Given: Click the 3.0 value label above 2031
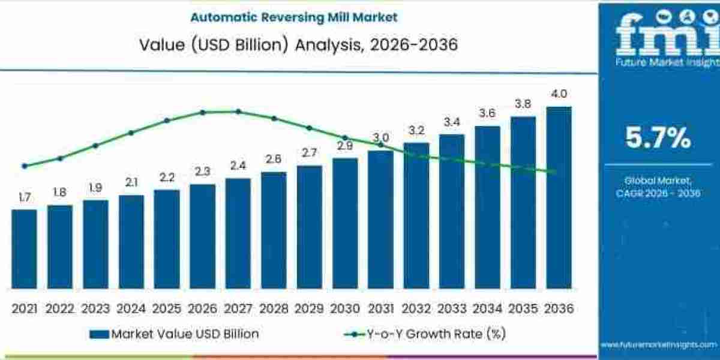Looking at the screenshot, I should coord(380,137).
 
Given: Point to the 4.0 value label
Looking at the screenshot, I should coord(559,94).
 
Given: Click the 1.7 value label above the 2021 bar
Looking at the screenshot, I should coord(24,197).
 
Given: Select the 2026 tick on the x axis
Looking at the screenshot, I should coord(202,308).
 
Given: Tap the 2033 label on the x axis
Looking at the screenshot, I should coord(452,308).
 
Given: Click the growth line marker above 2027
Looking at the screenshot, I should coord(238,112).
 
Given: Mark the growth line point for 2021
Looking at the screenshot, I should coord(24,166).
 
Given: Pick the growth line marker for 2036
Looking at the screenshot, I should coord(552,172).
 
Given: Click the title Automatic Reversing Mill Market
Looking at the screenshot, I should coord(293,17).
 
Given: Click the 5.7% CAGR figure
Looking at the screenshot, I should coord(658,139).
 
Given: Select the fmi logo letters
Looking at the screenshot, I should coord(658,36).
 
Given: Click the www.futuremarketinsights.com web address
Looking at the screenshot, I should coord(658,344).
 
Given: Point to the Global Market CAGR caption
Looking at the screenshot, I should coord(658,186).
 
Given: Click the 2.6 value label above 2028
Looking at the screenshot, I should coord(274,159).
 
